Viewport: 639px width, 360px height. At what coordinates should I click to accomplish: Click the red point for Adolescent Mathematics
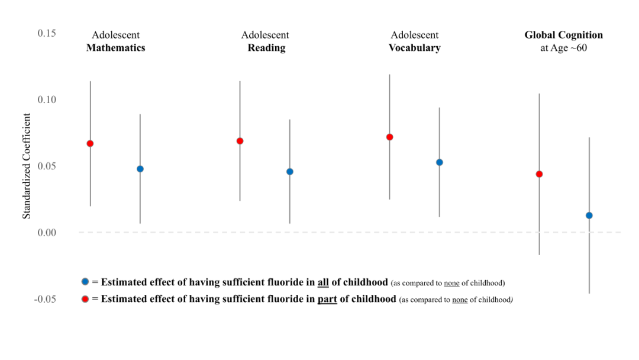(x=90, y=143)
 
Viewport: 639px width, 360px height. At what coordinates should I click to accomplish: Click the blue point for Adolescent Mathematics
(x=140, y=169)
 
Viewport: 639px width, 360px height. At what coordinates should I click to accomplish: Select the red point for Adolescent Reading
(x=240, y=141)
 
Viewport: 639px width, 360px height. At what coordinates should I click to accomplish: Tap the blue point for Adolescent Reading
(x=290, y=172)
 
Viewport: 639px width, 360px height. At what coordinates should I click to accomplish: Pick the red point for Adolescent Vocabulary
(x=389, y=137)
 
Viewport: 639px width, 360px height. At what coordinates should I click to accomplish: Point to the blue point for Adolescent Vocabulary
(x=440, y=162)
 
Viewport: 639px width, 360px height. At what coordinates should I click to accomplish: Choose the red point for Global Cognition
(x=539, y=174)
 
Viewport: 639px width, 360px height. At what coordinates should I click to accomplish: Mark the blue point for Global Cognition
(x=589, y=216)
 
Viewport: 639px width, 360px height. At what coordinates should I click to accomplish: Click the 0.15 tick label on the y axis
(x=47, y=33)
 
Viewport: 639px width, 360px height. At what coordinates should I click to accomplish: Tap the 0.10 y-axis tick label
(x=47, y=99)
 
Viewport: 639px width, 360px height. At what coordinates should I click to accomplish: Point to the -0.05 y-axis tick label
(x=45, y=299)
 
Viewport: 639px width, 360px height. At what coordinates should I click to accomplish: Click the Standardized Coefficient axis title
(x=27, y=166)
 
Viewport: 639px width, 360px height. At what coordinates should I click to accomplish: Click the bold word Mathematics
(x=115, y=48)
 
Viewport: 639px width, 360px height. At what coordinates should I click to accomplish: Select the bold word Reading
(x=266, y=48)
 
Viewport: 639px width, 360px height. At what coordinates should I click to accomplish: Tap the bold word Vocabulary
(x=414, y=48)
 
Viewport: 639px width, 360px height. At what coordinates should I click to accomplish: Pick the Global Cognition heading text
(x=563, y=36)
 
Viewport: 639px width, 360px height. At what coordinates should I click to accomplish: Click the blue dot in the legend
(x=86, y=282)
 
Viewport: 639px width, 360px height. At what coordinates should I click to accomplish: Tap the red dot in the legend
(x=86, y=299)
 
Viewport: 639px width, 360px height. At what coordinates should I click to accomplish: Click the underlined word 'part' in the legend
(x=327, y=299)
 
